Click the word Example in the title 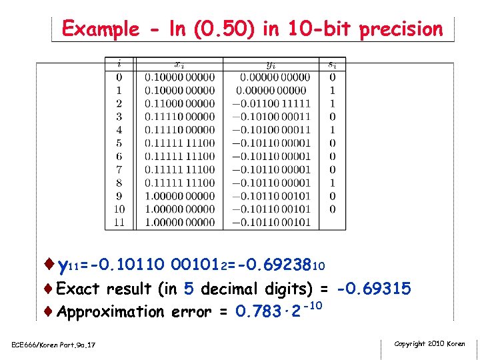coord(100,29)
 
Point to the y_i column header coord(271,64)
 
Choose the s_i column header coord(332,64)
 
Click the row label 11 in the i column coord(119,222)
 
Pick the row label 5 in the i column coord(119,143)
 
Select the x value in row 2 coord(180,103)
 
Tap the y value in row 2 coord(271,103)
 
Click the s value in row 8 coord(332,182)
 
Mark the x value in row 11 coord(180,222)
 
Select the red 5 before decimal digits coord(189,289)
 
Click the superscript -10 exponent coord(315,305)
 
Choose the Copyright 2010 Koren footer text coord(429,344)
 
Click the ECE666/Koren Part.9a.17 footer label coord(53,345)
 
